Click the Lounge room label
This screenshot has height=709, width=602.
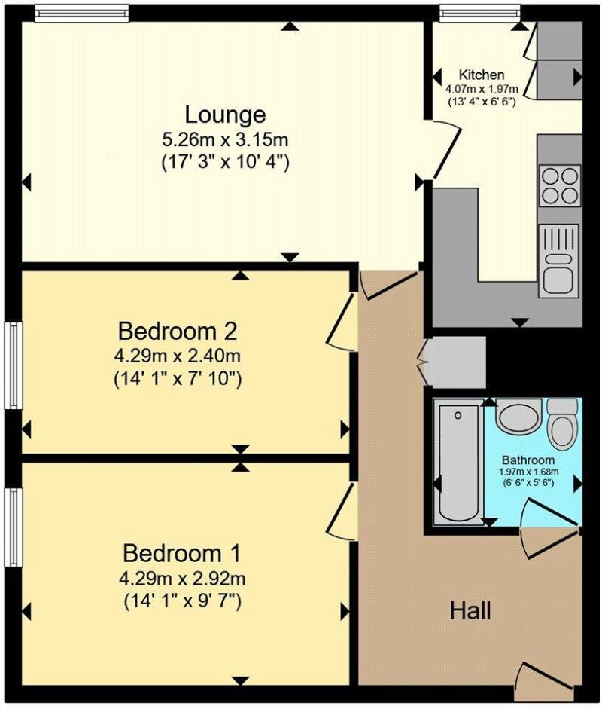(x=225, y=115)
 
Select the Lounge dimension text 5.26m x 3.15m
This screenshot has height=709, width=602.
(x=225, y=139)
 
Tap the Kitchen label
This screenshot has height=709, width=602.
(x=482, y=75)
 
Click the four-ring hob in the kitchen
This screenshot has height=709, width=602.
(x=558, y=185)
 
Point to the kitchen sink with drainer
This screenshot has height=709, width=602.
(x=558, y=261)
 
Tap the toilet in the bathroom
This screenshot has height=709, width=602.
(x=561, y=423)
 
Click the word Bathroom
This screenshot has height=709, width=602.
(x=528, y=460)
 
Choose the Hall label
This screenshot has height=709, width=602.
(x=471, y=610)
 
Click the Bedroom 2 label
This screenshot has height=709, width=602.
(x=178, y=331)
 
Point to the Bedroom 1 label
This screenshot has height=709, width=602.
(x=181, y=554)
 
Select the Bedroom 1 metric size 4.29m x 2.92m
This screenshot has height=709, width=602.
(x=181, y=579)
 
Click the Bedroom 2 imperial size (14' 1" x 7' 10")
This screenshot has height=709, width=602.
(x=178, y=379)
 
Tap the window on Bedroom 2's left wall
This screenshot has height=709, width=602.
(x=13, y=365)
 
